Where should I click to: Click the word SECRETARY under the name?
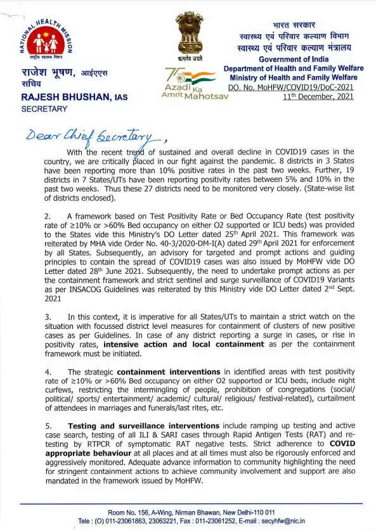pos(44,109)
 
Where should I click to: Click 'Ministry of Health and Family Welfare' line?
pos(296,77)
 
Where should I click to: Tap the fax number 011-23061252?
pos(240,521)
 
